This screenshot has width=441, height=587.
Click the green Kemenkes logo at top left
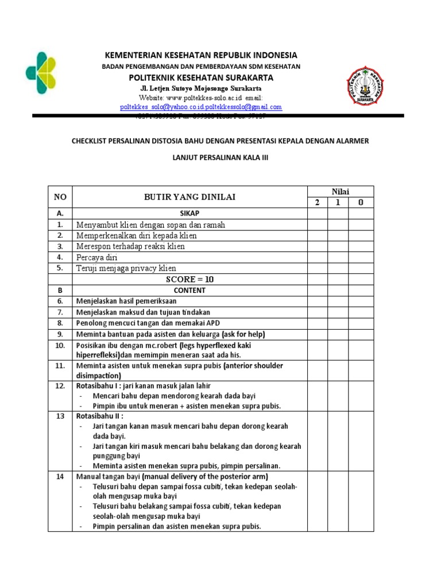pos(41,72)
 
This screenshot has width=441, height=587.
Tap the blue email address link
pos(200,107)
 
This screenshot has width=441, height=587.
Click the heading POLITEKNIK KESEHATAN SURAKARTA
pos(200,77)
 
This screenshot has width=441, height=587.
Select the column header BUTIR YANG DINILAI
pos(189,197)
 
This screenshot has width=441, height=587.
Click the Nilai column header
pos(338,191)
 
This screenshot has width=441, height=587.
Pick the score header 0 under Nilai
pos(361,202)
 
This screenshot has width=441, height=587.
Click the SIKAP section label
pos(189,213)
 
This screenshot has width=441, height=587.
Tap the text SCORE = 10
pos(189,279)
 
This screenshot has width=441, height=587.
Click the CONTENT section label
pos(189,290)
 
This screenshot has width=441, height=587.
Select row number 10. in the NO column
pos(60,346)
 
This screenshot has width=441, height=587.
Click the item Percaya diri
pos(96,257)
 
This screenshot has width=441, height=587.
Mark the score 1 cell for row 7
pos(338,312)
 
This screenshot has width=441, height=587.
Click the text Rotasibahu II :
pos(100,416)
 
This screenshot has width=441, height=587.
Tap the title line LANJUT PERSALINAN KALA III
pos(220,157)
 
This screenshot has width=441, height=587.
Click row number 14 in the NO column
pos(60,476)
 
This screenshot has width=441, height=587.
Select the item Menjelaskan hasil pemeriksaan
pos(126,301)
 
